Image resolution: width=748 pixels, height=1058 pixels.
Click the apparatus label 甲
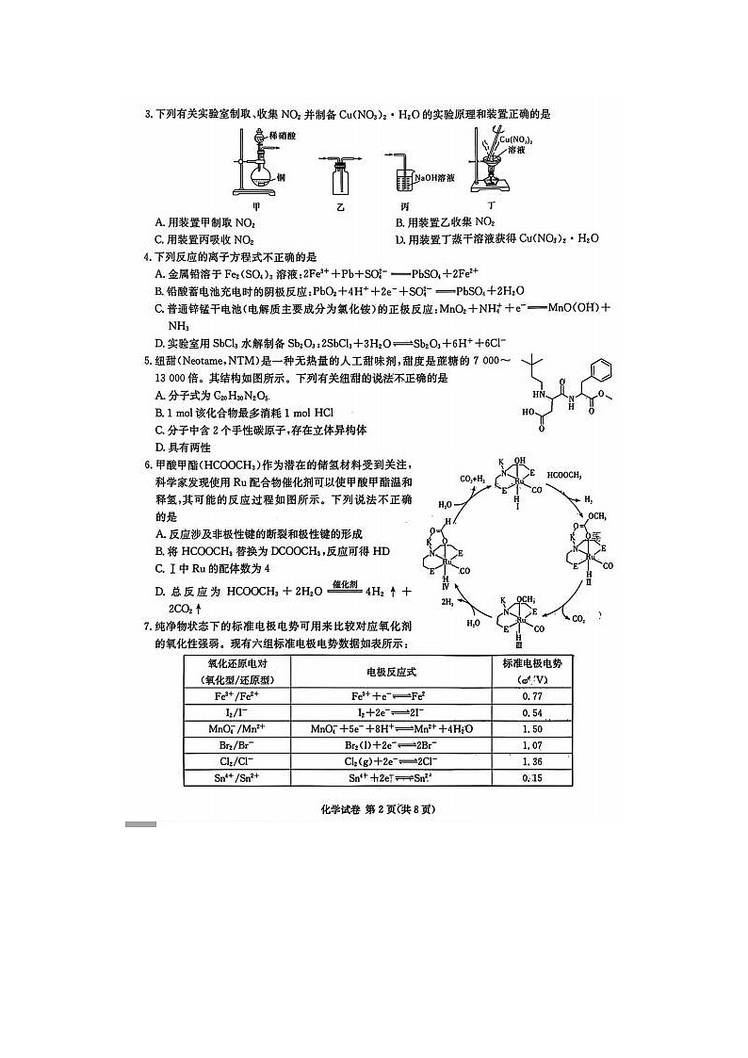[255, 203]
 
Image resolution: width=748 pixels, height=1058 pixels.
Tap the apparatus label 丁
[490, 203]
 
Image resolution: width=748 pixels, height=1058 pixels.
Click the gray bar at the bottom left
[139, 824]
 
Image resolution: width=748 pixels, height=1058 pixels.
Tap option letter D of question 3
[399, 239]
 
